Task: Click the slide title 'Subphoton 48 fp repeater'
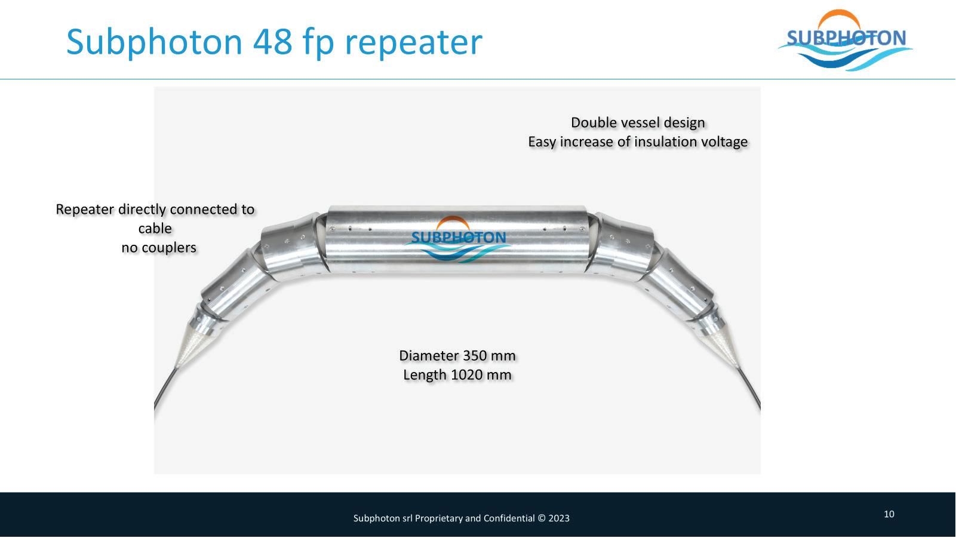click(x=273, y=42)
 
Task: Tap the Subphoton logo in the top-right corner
click(x=846, y=40)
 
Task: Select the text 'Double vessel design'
click(x=638, y=122)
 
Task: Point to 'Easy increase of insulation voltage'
click(x=638, y=142)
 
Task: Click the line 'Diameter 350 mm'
click(x=457, y=356)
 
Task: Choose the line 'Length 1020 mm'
click(x=457, y=375)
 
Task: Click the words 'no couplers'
click(x=159, y=247)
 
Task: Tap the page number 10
click(x=889, y=514)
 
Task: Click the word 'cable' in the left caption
click(x=155, y=228)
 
